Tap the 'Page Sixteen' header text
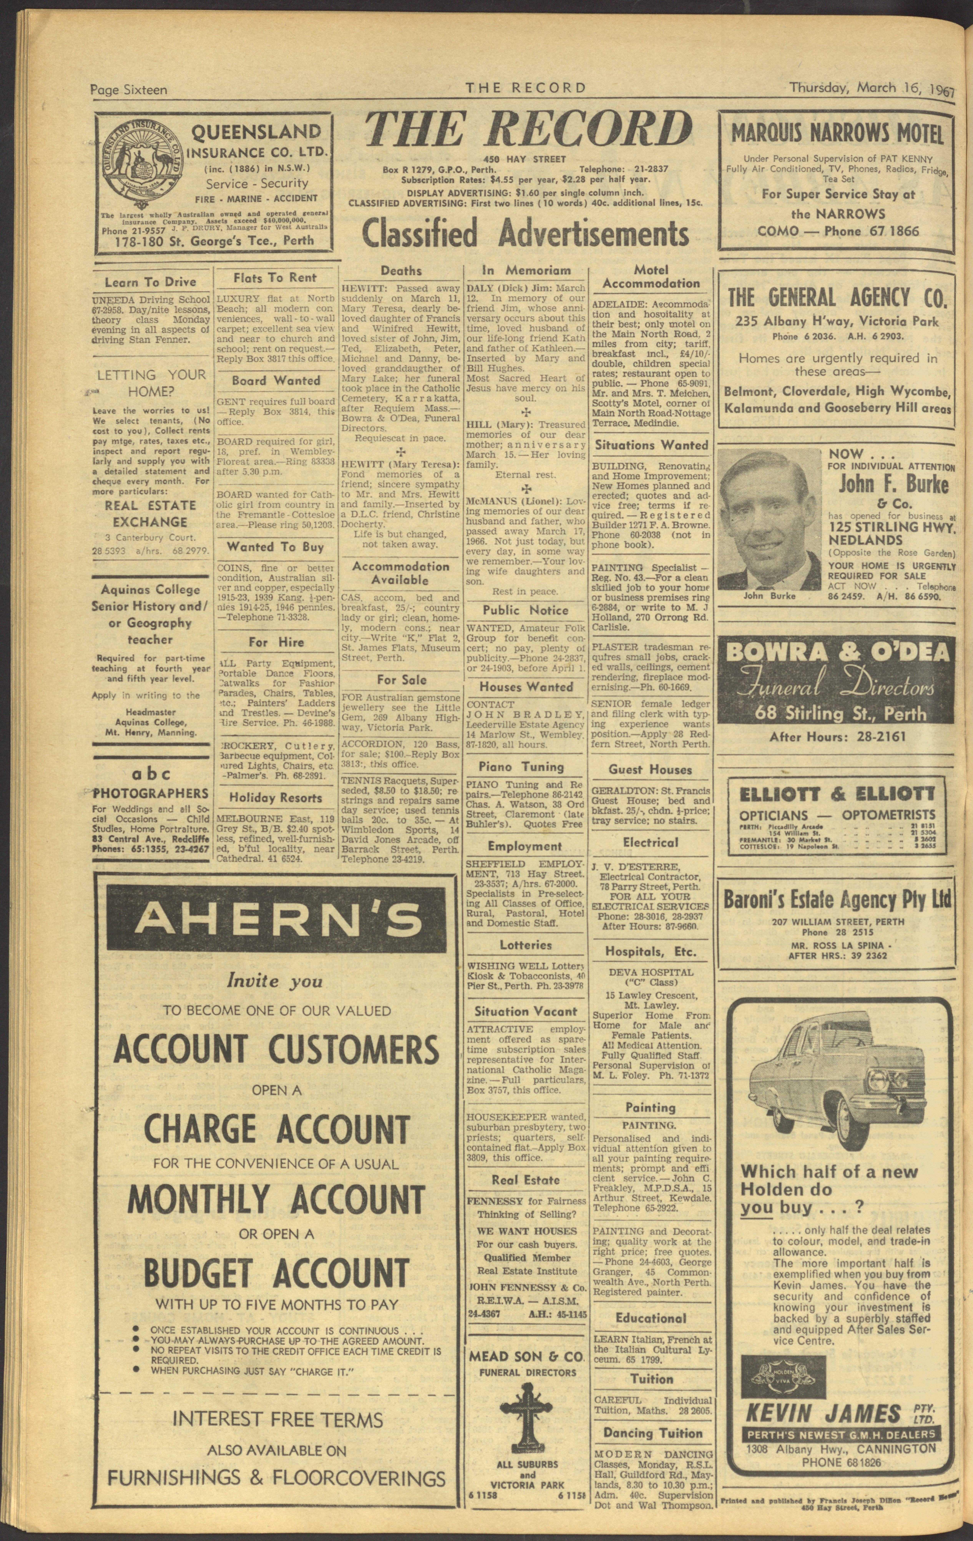tap(129, 90)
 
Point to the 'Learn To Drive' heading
tap(150, 281)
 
